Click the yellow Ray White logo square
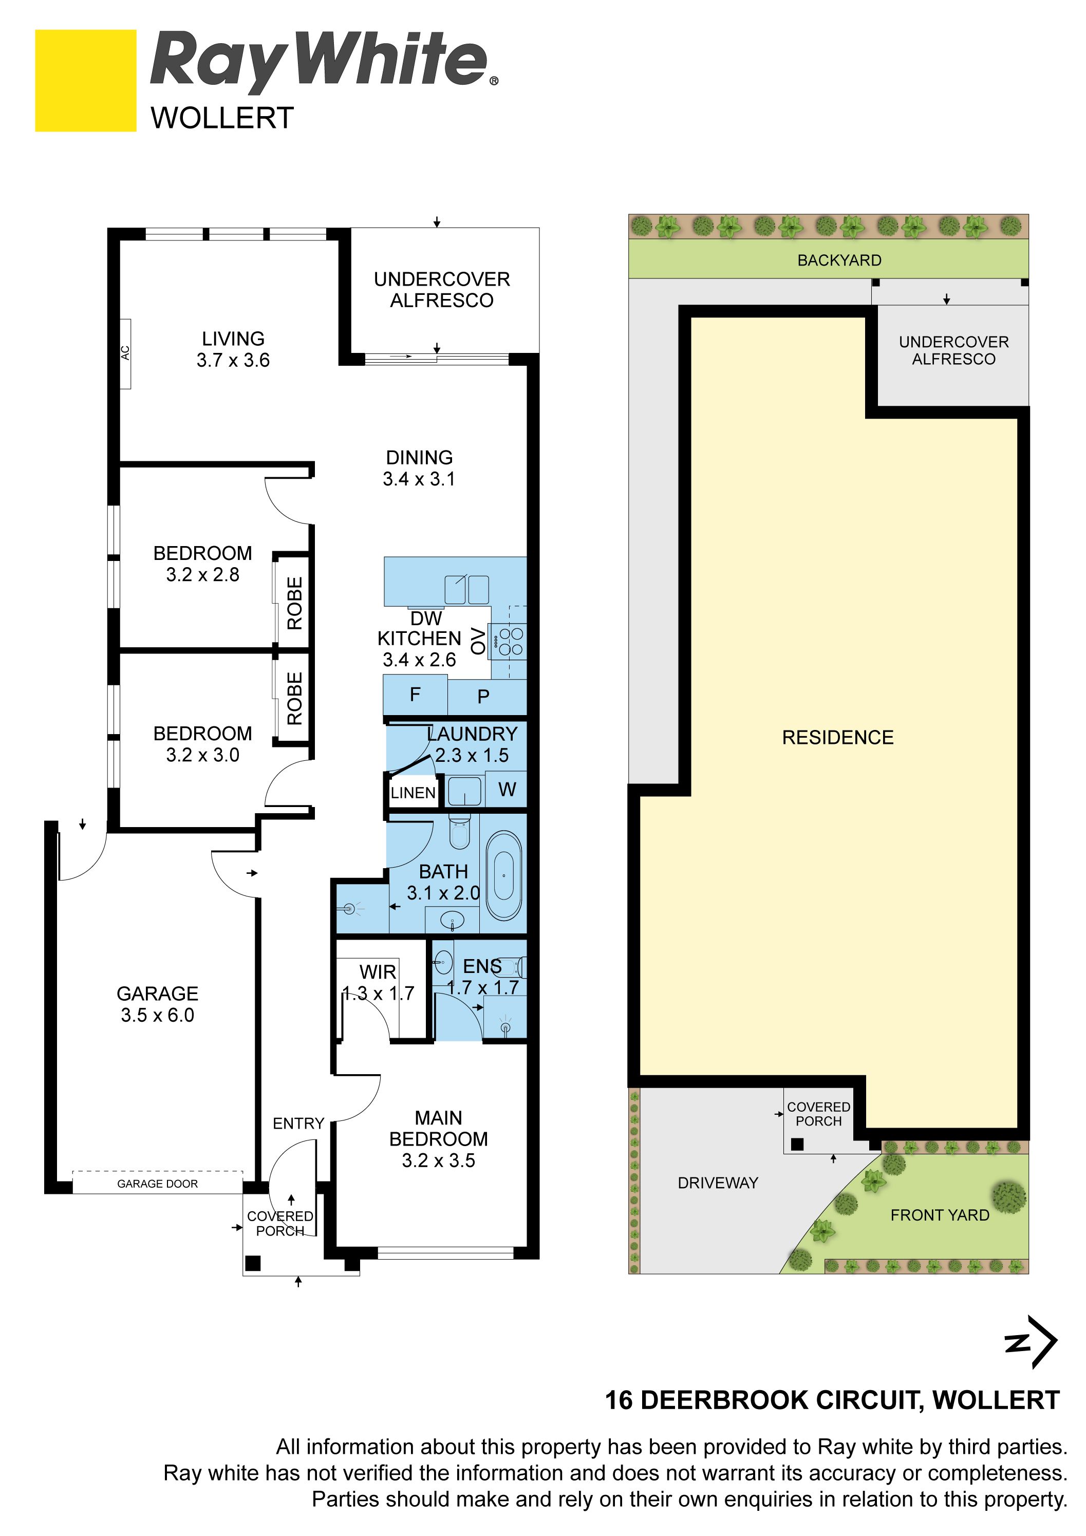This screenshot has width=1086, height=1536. point(86,80)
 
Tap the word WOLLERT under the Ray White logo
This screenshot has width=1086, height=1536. point(222,119)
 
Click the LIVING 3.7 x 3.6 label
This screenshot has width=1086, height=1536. point(233,349)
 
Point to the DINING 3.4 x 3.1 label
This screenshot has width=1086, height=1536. point(419,469)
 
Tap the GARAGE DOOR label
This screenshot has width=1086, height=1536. point(157,1184)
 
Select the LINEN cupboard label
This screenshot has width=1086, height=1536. point(413,793)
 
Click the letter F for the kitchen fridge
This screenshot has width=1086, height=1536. point(415,695)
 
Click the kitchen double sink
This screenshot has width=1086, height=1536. point(467,589)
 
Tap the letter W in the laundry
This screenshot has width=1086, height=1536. point(507,790)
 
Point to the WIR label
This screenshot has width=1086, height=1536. point(378,971)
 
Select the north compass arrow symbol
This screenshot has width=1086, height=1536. point(1031,1342)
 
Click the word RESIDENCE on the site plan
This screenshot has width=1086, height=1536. point(838,737)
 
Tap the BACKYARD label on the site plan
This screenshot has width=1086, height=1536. point(839,260)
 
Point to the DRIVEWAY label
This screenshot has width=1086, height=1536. point(718,1183)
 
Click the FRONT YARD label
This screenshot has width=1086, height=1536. point(940,1215)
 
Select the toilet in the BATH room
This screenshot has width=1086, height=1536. point(460,832)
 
